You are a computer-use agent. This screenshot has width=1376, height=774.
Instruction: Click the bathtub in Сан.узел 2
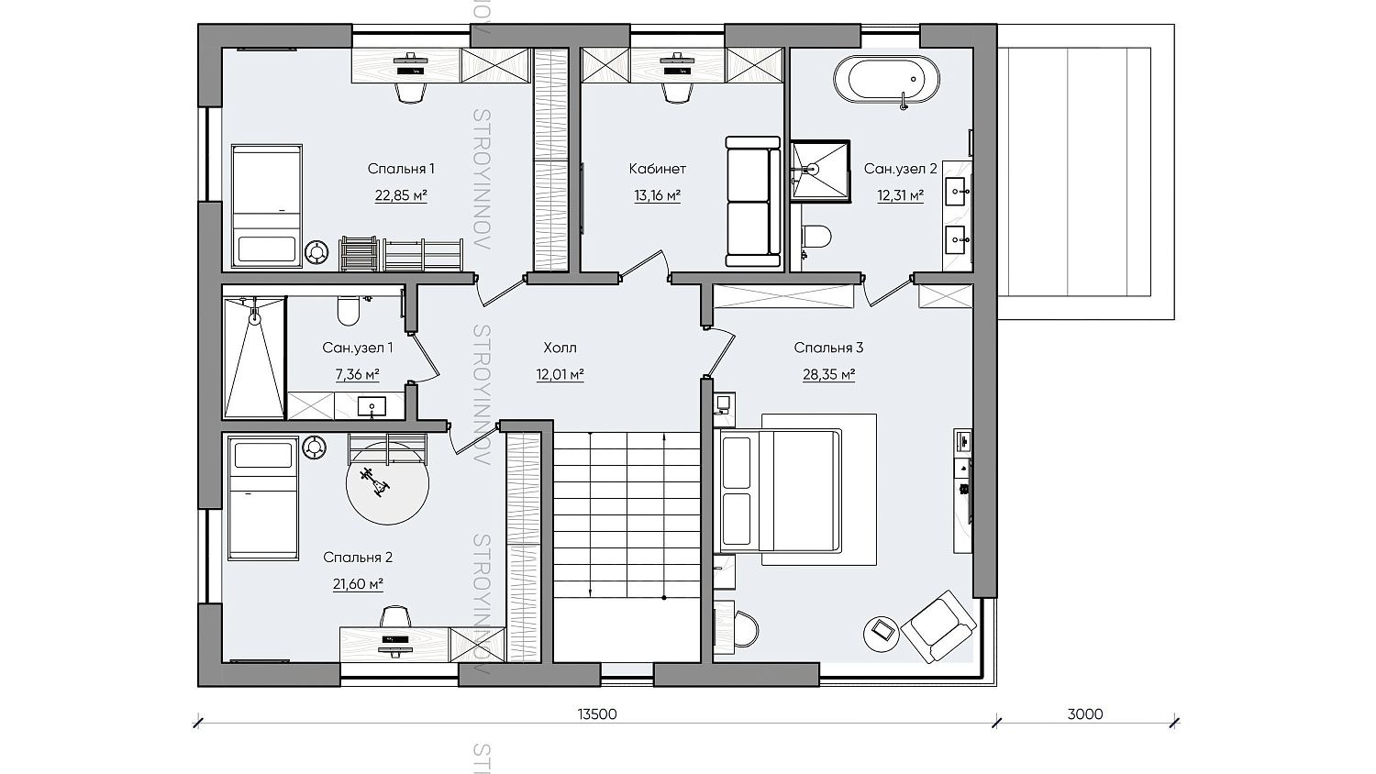pyautogui.click(x=886, y=80)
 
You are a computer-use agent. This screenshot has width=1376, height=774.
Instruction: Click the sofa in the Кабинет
pyautogui.click(x=752, y=202)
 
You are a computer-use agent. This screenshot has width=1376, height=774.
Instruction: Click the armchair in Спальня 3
pyautogui.click(x=938, y=627)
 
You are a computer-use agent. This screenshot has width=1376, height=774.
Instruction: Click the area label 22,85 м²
pyautogui.click(x=401, y=196)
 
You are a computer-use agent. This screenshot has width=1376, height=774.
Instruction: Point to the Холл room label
pyautogui.click(x=560, y=348)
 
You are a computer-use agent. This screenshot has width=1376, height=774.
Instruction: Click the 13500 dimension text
pyautogui.click(x=597, y=714)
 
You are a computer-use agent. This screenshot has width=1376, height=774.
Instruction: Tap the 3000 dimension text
pyautogui.click(x=1085, y=714)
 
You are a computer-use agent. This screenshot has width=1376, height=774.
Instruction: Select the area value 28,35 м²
pyautogui.click(x=828, y=375)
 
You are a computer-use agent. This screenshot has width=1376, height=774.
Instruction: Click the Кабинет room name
pyautogui.click(x=658, y=169)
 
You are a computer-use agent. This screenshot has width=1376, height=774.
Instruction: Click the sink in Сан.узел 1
pyautogui.click(x=372, y=406)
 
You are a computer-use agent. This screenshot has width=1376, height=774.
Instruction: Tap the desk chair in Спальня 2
pyautogui.click(x=395, y=616)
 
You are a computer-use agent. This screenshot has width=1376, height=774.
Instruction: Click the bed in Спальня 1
pyautogui.click(x=267, y=206)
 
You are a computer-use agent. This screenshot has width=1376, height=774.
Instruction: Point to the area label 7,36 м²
pyautogui.click(x=358, y=375)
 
